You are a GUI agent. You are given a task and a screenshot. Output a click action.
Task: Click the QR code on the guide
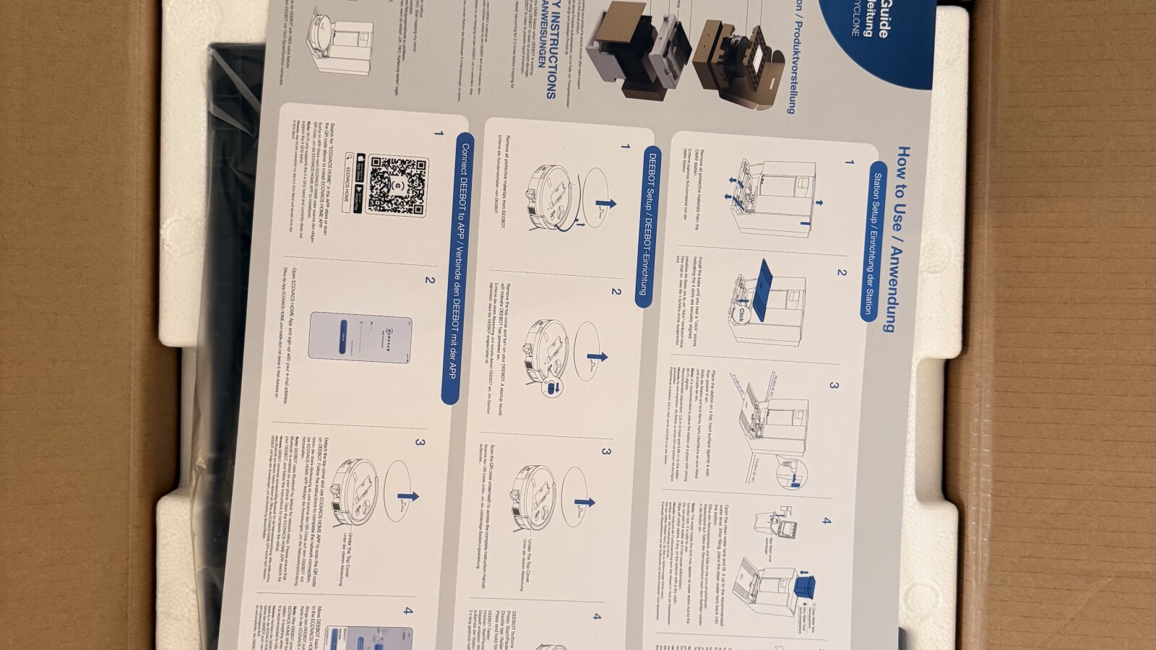[x=397, y=186]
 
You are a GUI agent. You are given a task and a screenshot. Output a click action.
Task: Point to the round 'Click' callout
[x=742, y=314]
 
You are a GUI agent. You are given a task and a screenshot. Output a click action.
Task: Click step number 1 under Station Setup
[x=850, y=162]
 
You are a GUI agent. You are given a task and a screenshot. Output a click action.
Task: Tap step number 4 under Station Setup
[x=826, y=520]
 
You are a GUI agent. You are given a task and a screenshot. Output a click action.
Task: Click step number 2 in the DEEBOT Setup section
[x=616, y=292]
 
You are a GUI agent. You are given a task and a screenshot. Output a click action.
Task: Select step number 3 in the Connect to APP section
[x=420, y=443]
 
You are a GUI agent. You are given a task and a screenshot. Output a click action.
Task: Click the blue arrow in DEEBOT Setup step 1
[x=605, y=202]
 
